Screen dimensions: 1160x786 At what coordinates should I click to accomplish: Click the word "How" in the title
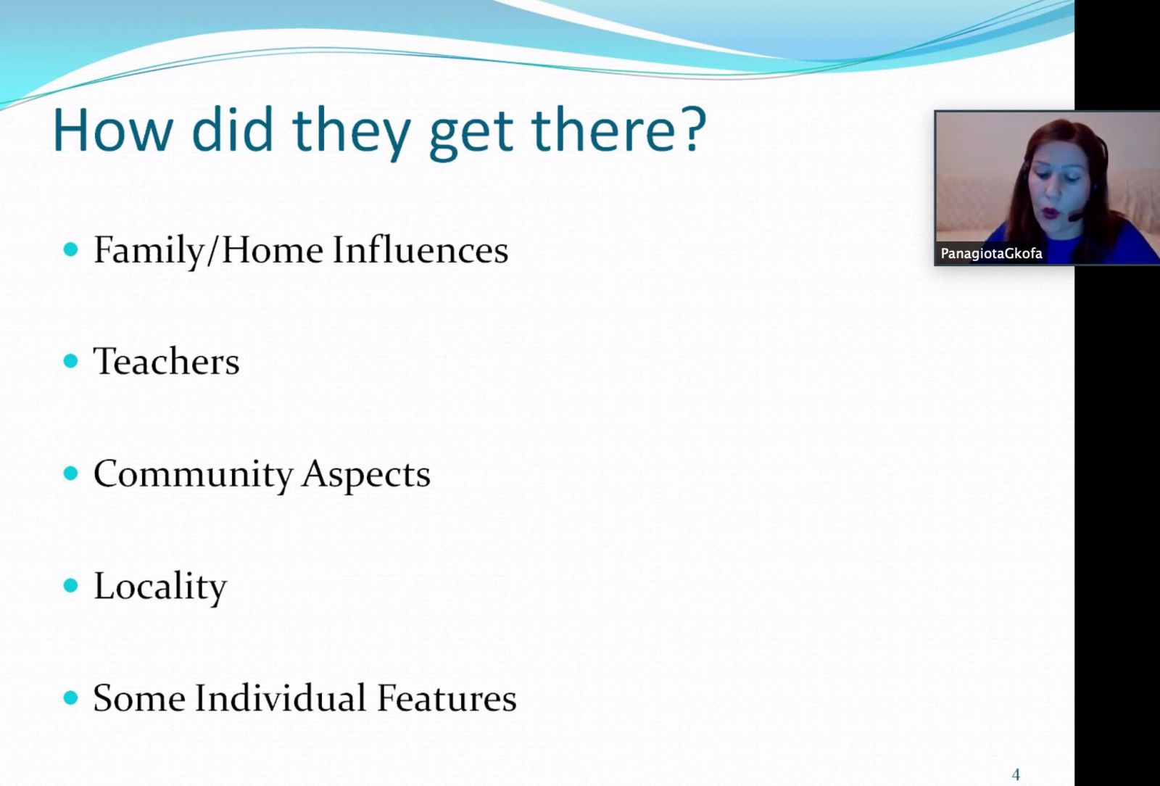[113, 130]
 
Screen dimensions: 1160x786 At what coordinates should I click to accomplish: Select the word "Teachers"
[166, 361]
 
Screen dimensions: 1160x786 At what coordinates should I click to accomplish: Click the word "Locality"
[160, 586]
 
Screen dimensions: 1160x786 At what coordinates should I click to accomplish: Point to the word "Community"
[193, 474]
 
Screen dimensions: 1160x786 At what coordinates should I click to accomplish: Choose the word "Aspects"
[366, 474]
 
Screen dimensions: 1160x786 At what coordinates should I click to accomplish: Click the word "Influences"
[420, 249]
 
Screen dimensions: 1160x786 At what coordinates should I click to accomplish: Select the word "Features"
[447, 698]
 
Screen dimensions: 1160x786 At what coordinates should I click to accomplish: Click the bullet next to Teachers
[70, 360]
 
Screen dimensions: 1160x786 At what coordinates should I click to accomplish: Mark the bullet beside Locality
[70, 586]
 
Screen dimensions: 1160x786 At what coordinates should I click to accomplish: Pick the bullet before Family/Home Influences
[70, 249]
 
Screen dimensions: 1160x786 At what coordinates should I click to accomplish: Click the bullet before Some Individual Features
[70, 698]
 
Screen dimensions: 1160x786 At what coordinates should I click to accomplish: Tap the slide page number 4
[1016, 774]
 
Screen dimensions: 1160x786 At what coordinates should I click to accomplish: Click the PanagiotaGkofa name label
[991, 254]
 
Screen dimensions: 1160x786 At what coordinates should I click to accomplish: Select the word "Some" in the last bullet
[138, 698]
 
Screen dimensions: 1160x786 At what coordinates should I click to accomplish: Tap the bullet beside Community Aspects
[70, 473]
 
